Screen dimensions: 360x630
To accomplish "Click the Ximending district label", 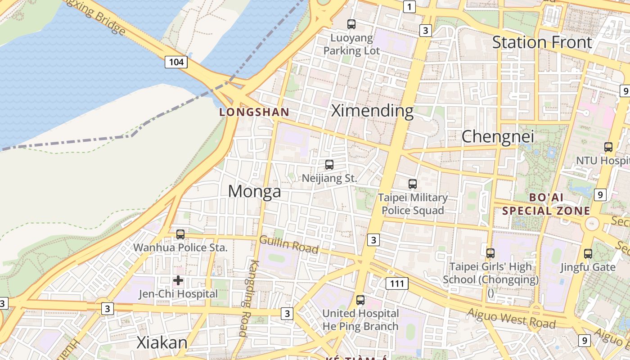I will [372, 111].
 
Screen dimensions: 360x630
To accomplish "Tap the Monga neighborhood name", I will [254, 191].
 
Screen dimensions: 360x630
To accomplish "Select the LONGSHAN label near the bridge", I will [254, 112].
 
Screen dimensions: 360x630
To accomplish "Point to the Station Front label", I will [542, 42].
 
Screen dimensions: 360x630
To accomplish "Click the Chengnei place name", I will [498, 136].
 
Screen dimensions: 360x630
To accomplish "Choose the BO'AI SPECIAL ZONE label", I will [546, 204].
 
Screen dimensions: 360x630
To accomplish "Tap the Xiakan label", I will [162, 343].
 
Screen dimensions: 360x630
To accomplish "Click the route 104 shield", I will [175, 62].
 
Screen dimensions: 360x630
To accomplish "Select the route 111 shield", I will [397, 283].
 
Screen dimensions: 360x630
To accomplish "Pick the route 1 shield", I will [409, 7].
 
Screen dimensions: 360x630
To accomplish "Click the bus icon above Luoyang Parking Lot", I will [351, 24].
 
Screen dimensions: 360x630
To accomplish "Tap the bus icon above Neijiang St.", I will [329, 165].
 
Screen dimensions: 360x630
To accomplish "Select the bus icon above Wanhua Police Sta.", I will [180, 234].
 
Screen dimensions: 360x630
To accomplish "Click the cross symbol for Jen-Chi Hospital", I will [178, 280].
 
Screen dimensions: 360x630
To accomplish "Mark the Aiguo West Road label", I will [511, 318].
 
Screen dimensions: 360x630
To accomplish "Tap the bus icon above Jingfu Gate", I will [588, 254].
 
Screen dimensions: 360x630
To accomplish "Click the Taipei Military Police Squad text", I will [413, 204].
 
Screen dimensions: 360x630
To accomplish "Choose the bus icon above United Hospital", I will [360, 300].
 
